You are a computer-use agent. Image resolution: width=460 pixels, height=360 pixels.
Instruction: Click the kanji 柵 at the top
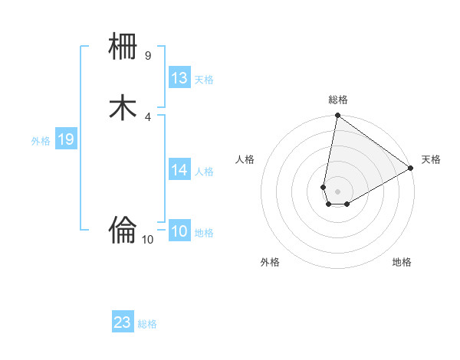tap(123, 47)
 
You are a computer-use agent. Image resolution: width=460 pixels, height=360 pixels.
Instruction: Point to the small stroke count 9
tap(148, 56)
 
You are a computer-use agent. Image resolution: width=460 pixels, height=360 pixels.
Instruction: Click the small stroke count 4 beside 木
tap(148, 116)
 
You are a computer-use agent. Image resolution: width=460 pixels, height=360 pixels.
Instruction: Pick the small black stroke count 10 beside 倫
tap(148, 240)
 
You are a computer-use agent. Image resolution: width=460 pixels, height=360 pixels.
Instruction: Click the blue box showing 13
tap(179, 78)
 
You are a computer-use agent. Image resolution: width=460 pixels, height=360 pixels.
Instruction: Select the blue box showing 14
tap(179, 170)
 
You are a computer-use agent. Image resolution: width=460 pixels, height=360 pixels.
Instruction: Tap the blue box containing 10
tap(179, 231)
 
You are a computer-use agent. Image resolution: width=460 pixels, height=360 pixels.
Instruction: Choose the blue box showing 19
tap(66, 139)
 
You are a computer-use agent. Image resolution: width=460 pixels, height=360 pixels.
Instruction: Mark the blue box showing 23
tap(123, 322)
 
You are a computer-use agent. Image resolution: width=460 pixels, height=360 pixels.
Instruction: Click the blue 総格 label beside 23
tap(147, 324)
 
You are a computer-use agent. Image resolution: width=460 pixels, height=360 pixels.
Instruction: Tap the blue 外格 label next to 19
tap(41, 141)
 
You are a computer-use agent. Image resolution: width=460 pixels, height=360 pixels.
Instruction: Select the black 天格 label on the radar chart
tap(431, 159)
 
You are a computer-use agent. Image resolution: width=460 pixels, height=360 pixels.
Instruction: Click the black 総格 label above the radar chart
tap(338, 100)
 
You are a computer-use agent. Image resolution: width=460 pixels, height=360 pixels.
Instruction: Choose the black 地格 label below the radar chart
tap(402, 263)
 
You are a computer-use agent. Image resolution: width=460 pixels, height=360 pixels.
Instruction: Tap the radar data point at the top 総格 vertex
tap(337, 116)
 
